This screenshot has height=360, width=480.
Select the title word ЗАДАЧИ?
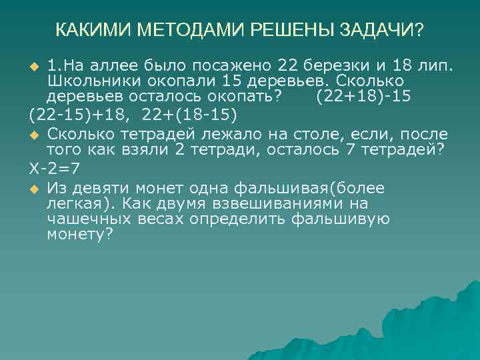click(x=381, y=31)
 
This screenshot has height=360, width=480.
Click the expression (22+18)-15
click(x=363, y=96)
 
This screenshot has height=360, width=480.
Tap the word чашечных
click(x=84, y=219)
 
